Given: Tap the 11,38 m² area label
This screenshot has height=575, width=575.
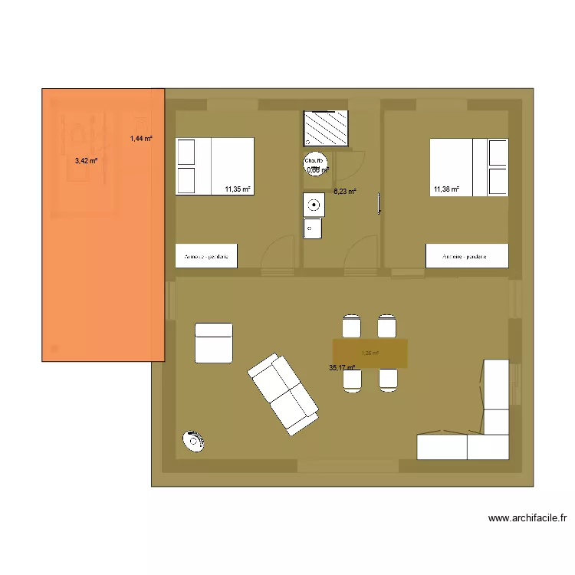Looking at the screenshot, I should point(446,189).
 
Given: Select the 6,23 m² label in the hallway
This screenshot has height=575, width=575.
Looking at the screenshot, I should point(345,192).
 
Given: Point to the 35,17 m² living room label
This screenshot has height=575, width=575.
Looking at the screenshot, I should point(342,368).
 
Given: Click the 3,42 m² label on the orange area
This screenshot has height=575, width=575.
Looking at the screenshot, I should point(86,161).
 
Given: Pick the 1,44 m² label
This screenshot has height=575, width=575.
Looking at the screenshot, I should point(141,139).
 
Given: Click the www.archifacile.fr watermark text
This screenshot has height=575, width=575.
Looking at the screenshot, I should point(527,519).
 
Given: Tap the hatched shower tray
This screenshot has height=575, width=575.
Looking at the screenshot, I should point(327,128).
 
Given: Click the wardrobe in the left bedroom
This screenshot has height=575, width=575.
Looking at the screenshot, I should point(206,257).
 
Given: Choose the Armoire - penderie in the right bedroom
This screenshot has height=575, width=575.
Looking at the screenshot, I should point(467,257).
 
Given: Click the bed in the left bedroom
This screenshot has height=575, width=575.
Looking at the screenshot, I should point(215,166).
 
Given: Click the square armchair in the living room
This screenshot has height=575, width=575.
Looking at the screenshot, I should point(214,342).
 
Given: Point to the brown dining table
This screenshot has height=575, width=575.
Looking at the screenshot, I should point(370,353).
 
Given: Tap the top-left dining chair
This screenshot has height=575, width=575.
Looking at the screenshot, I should point(351,325).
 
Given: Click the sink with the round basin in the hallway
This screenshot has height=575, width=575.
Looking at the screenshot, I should point(314,205).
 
